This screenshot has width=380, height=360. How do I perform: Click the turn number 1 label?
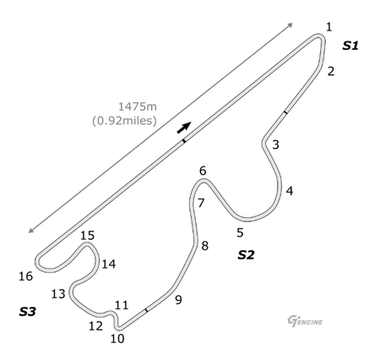(328, 27)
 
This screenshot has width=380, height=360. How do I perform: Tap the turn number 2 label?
(331, 71)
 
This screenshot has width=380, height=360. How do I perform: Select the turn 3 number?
(275, 145)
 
